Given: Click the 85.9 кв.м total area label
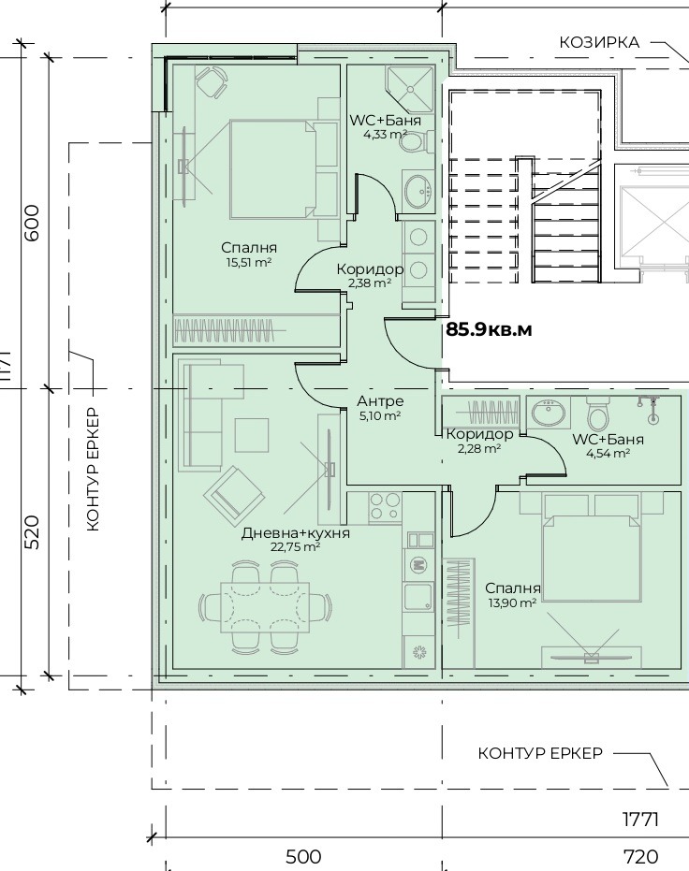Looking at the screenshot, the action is click(489, 330).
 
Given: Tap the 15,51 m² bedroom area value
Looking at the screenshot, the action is click(248, 262).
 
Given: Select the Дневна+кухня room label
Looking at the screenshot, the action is click(296, 533).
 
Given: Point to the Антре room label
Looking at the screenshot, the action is click(380, 401).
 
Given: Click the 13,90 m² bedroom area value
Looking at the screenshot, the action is click(512, 602).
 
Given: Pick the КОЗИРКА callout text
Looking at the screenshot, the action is click(599, 43).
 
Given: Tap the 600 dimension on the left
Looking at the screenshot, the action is click(34, 223).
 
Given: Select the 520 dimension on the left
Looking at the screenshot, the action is click(34, 532).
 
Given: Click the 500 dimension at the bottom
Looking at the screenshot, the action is click(303, 857).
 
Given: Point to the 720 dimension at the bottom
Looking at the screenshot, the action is click(640, 857).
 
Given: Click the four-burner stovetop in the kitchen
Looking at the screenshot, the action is click(385, 508).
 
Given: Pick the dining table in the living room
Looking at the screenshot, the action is click(265, 606).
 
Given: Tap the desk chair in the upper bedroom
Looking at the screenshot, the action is click(212, 81).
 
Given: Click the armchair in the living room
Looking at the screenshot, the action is click(233, 494).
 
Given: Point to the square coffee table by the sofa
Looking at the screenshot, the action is click(251, 436).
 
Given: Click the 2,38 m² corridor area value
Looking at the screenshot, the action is click(370, 283).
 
